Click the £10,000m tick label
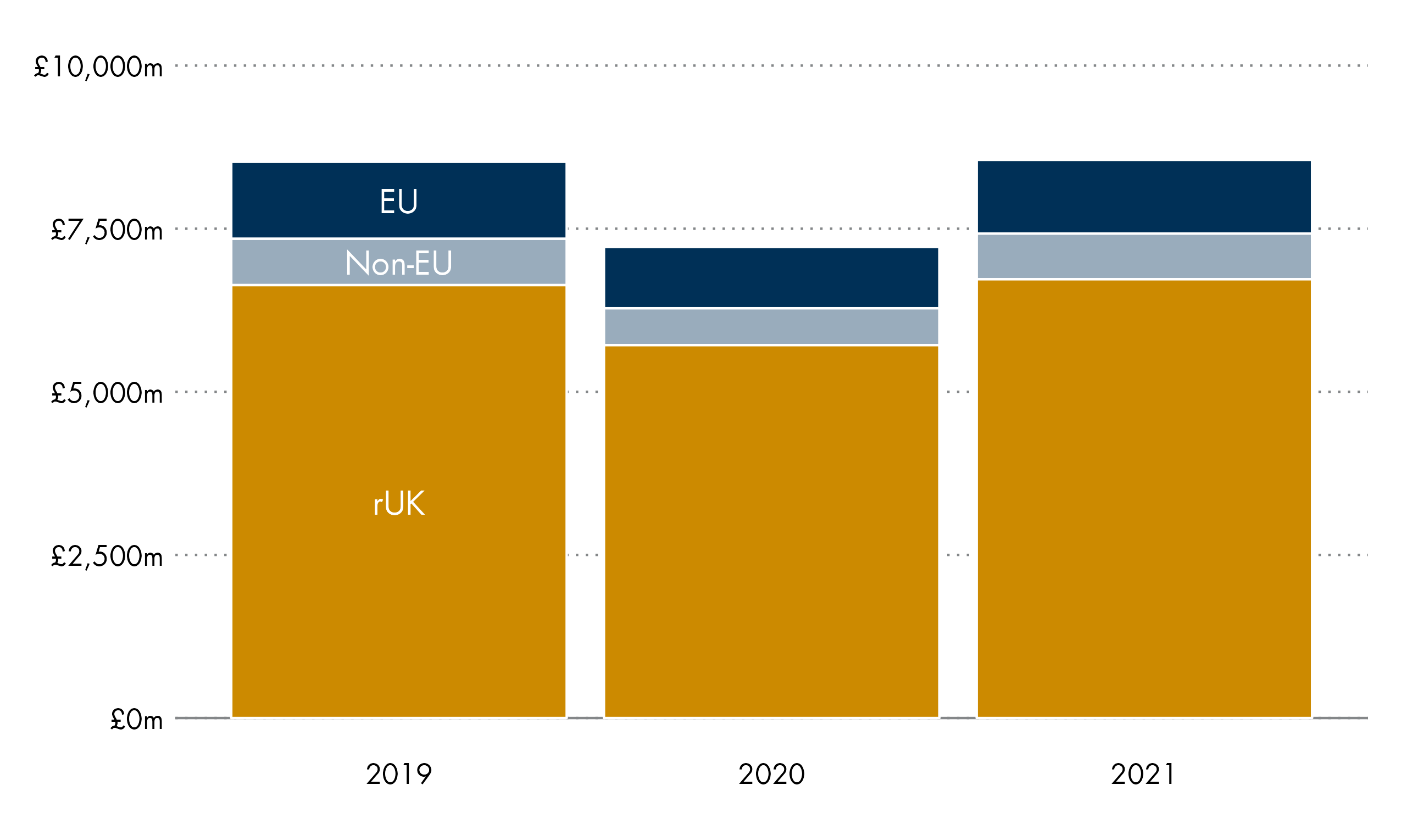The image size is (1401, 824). point(98,67)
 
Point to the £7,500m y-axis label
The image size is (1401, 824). point(107,230)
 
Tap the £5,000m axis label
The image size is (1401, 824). point(107,394)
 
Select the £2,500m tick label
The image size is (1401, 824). point(107,556)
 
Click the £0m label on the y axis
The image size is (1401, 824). point(136,720)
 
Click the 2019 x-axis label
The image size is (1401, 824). point(399,775)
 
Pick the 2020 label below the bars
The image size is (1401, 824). point(772,775)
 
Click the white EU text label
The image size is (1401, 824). point(399,201)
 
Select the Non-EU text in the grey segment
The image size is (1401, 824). point(399,263)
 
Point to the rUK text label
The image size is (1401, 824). point(399,504)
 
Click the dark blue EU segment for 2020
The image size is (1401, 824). point(772,277)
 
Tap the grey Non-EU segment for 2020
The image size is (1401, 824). point(772,327)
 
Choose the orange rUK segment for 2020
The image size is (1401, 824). point(772,531)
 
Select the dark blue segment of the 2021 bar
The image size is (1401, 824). point(1144,196)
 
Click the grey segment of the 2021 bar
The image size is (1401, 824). point(1144,257)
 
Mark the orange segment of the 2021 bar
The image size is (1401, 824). point(1144,499)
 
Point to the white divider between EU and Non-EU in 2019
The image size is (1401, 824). point(399,238)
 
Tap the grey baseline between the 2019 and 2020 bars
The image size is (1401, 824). point(586,718)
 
